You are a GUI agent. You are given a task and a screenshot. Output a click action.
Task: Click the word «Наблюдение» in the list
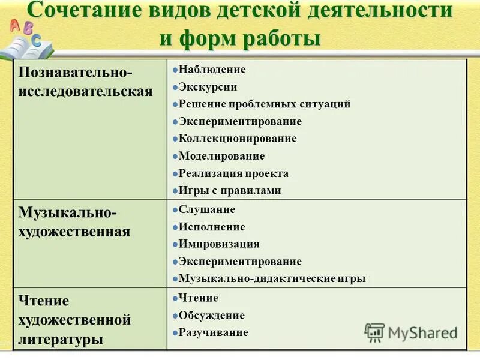(x=212, y=70)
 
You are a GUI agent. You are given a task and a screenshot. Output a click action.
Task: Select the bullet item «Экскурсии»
(x=208, y=87)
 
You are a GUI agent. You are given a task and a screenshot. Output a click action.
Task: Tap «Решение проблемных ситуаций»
(x=265, y=104)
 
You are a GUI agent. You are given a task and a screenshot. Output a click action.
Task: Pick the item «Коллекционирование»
(x=238, y=139)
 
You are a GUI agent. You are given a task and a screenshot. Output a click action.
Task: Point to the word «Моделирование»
(x=221, y=156)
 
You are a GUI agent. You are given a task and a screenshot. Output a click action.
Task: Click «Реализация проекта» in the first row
(x=233, y=173)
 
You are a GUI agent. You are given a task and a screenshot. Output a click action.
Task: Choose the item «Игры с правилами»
(x=230, y=191)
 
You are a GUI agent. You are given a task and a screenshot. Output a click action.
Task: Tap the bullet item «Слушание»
(x=207, y=210)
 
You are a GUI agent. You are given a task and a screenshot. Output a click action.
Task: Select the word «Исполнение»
(x=212, y=227)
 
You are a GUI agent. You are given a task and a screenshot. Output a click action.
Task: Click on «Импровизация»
(x=219, y=244)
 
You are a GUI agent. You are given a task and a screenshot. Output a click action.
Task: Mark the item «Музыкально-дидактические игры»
(x=272, y=279)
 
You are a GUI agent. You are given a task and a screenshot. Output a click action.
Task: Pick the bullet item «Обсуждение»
(x=212, y=316)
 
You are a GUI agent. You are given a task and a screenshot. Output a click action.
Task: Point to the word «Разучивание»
(x=214, y=332)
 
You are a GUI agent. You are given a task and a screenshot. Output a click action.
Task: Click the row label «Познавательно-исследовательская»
(x=86, y=82)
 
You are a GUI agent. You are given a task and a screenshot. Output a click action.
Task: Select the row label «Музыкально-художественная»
(x=74, y=222)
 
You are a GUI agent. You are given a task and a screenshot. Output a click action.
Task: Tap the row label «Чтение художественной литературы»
(x=74, y=320)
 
